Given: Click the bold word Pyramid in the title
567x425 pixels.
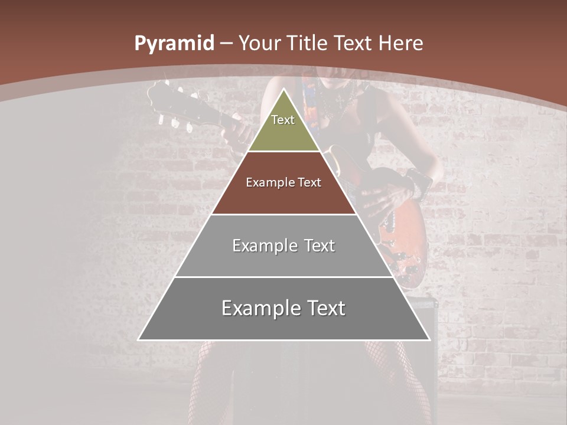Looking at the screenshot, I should tap(174, 44).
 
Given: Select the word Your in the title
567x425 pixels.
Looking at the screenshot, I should tap(259, 44).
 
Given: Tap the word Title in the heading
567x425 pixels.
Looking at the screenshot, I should tap(308, 44).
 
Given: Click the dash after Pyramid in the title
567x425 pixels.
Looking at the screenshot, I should tap(226, 44).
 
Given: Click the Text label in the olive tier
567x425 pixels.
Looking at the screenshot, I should tap(283, 120).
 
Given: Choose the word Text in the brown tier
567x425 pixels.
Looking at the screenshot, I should tap(309, 183).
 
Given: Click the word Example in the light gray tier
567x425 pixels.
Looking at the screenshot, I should tap(263, 246).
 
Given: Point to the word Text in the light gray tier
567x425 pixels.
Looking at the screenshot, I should tap(320, 246).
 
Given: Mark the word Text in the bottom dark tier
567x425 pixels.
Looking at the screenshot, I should tap(326, 308).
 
